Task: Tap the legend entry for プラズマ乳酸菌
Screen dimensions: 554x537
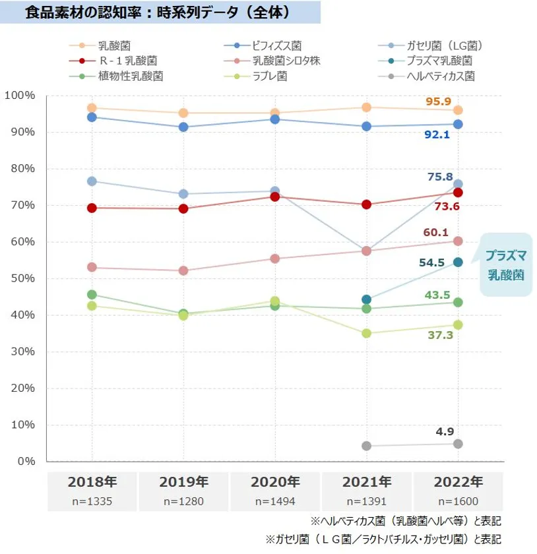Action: pyautogui.click(x=439, y=61)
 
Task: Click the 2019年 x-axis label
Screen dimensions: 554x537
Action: pyautogui.click(x=183, y=481)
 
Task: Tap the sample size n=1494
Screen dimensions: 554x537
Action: pyautogui.click(x=275, y=501)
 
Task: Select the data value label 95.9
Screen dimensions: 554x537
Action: pyautogui.click(x=438, y=102)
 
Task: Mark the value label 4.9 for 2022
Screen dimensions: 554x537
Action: pyautogui.click(x=445, y=432)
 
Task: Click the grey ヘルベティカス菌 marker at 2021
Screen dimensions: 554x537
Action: pyautogui.click(x=367, y=446)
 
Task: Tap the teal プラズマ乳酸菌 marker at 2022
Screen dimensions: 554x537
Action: pyautogui.click(x=458, y=262)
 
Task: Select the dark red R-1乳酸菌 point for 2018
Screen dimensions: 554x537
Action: pyautogui.click(x=92, y=208)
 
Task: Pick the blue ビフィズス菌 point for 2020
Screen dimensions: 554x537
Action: pyautogui.click(x=275, y=119)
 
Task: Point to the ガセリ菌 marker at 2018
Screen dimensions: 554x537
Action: pyautogui.click(x=92, y=181)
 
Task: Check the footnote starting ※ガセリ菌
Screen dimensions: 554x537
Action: pyautogui.click(x=383, y=539)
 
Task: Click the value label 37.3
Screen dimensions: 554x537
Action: pyautogui.click(x=440, y=336)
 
